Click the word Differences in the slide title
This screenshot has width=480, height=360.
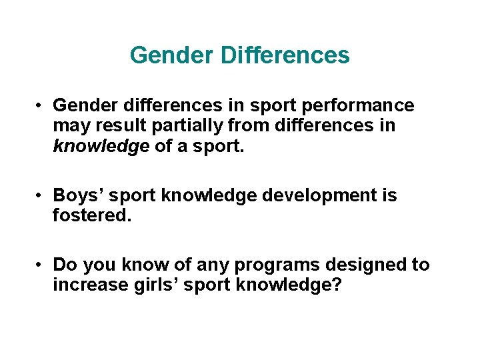click(x=285, y=55)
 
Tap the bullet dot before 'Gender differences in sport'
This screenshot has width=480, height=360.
click(x=41, y=106)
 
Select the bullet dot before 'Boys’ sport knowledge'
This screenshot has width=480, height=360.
click(x=41, y=196)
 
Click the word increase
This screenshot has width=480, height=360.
click(x=85, y=285)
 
